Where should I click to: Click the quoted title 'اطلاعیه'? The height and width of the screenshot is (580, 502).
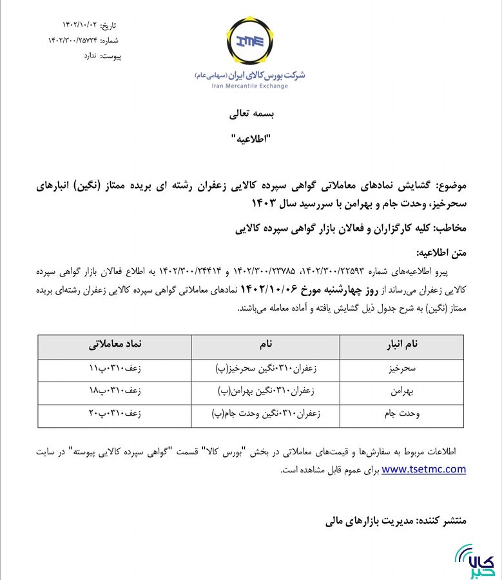click(x=251, y=139)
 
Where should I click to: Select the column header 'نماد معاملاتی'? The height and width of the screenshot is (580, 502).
click(x=115, y=345)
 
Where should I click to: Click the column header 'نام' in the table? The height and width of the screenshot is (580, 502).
click(x=266, y=345)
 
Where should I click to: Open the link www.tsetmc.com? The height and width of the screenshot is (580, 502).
click(x=423, y=469)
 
